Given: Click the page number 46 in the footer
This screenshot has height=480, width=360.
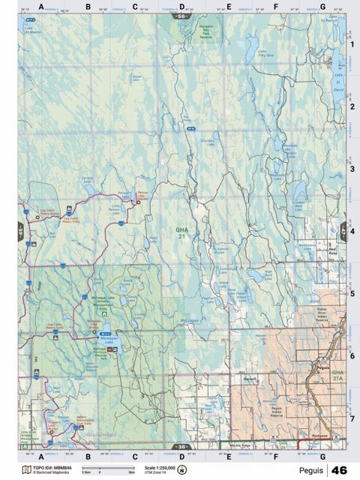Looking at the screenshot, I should click(x=338, y=470).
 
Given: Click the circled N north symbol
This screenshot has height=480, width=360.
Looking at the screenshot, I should click(x=181, y=469).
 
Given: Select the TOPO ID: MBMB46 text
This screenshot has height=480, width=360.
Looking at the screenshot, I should click(x=52, y=466).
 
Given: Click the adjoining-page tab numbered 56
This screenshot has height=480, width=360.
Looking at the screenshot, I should click(x=180, y=15).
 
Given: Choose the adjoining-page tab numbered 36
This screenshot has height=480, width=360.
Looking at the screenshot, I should click(x=180, y=447).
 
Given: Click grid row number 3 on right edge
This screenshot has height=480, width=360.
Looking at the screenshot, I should click(x=351, y=169).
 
